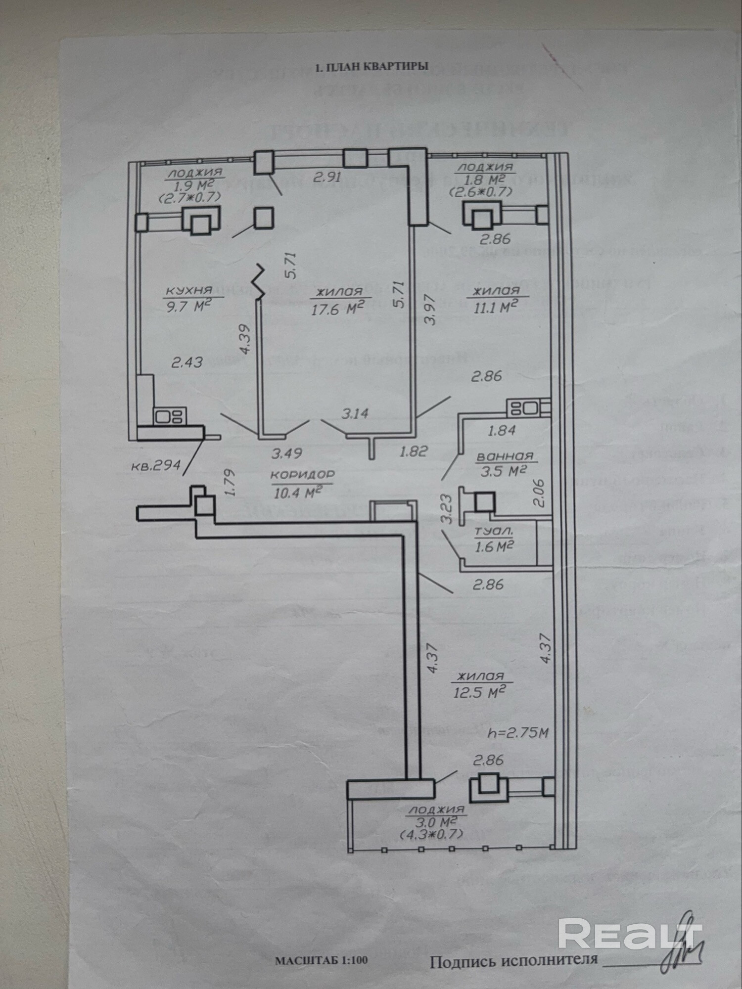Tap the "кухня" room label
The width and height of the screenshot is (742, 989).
tap(188, 291)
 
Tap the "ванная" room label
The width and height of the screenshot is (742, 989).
tap(505, 456)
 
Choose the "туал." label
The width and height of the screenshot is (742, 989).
tap(494, 532)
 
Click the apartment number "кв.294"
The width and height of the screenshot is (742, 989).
tap(155, 465)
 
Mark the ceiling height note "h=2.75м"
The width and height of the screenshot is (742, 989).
tap(518, 732)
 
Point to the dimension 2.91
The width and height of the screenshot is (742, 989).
tap(327, 177)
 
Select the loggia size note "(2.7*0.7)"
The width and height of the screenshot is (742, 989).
tap(189, 197)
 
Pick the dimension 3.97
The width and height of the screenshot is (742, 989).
tap(430, 309)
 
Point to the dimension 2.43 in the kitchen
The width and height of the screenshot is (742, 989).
tap(187, 362)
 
